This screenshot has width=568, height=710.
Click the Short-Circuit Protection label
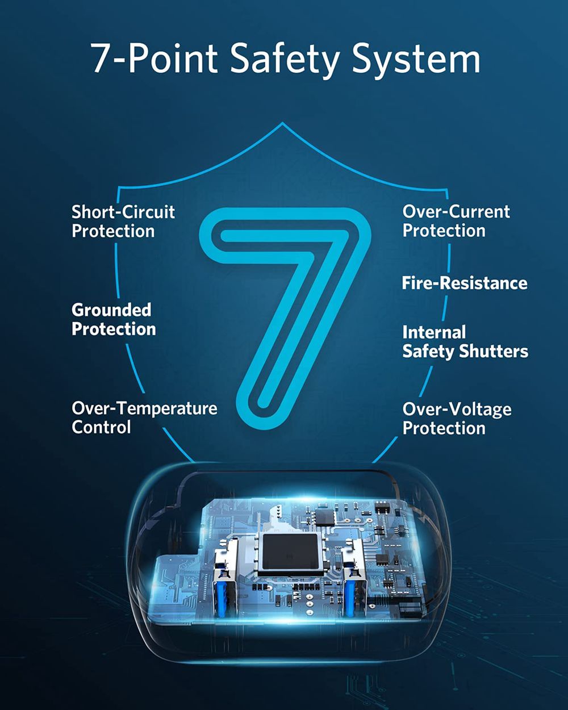click(123, 221)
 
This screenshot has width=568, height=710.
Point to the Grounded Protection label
click(114, 319)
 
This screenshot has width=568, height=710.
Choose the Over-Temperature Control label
click(144, 417)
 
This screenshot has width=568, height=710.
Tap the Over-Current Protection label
click(456, 221)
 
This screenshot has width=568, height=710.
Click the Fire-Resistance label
click(465, 283)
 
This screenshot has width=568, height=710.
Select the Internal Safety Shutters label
click(465, 342)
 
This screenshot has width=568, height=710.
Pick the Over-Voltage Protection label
click(457, 419)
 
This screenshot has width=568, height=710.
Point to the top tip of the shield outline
click(282, 122)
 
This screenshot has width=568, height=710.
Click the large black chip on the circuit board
click(291, 552)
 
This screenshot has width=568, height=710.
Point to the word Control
click(101, 427)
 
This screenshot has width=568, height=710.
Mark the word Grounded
click(111, 310)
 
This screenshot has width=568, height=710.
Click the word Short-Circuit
click(123, 212)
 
